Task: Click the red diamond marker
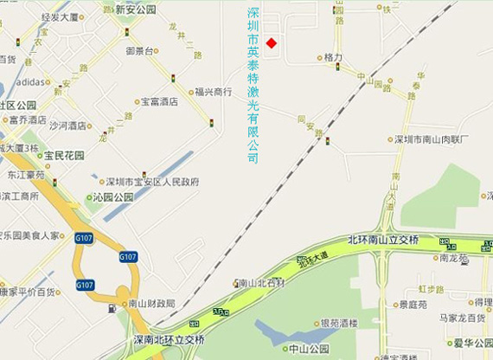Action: tap(271, 43)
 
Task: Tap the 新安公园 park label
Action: tap(136, 10)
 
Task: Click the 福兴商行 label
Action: tap(213, 91)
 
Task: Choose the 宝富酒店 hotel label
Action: tap(159, 101)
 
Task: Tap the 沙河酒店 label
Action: tap(67, 125)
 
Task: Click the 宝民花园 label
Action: tap(64, 156)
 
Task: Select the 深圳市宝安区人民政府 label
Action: tap(152, 182)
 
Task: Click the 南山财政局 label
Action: tap(150, 304)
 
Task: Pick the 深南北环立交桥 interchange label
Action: tap(170, 338)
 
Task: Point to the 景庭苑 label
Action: tap(414, 305)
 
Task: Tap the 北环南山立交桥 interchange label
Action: tap(382, 240)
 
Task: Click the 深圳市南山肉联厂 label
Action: tap(432, 138)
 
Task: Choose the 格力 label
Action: tap(333, 57)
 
